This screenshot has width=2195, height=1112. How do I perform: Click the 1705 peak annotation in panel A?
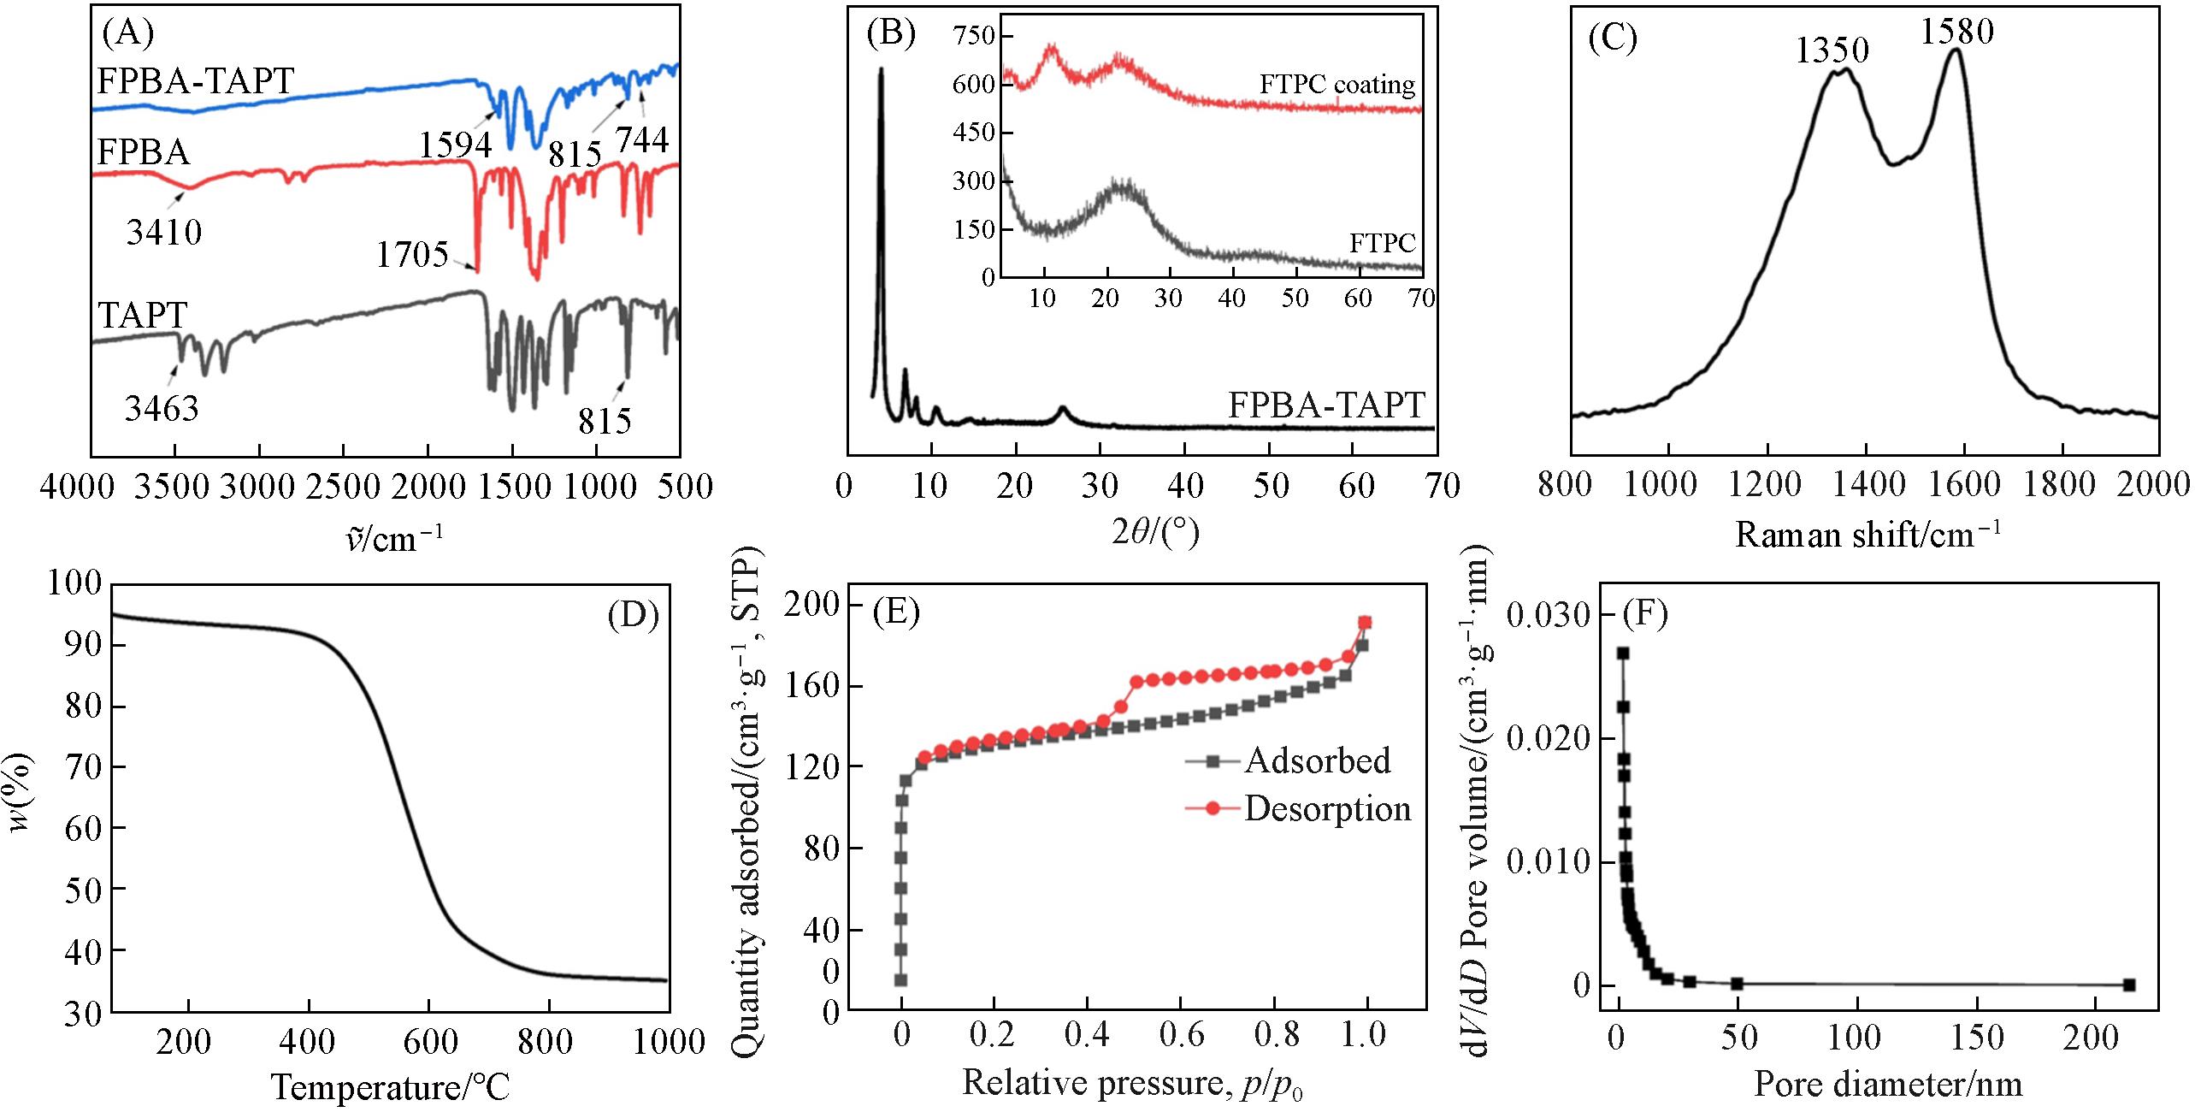coord(412,255)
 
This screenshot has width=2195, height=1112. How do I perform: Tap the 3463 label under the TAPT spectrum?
coord(162,408)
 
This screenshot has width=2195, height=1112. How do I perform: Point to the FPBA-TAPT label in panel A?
coord(196,81)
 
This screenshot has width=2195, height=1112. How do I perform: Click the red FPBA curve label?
coord(144,152)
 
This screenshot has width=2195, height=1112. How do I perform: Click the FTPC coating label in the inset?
coord(1337,85)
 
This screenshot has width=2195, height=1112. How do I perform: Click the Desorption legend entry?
coord(1326,808)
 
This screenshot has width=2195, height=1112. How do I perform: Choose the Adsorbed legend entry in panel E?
coord(1317,760)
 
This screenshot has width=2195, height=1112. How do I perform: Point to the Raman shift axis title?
coord(1868,535)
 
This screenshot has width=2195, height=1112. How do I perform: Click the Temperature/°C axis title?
coord(391,1087)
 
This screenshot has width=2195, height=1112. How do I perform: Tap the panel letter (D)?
coord(633,616)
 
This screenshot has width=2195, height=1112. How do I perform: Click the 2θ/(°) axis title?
coord(1142,534)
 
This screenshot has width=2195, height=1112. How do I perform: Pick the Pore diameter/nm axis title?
coord(1888,1085)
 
